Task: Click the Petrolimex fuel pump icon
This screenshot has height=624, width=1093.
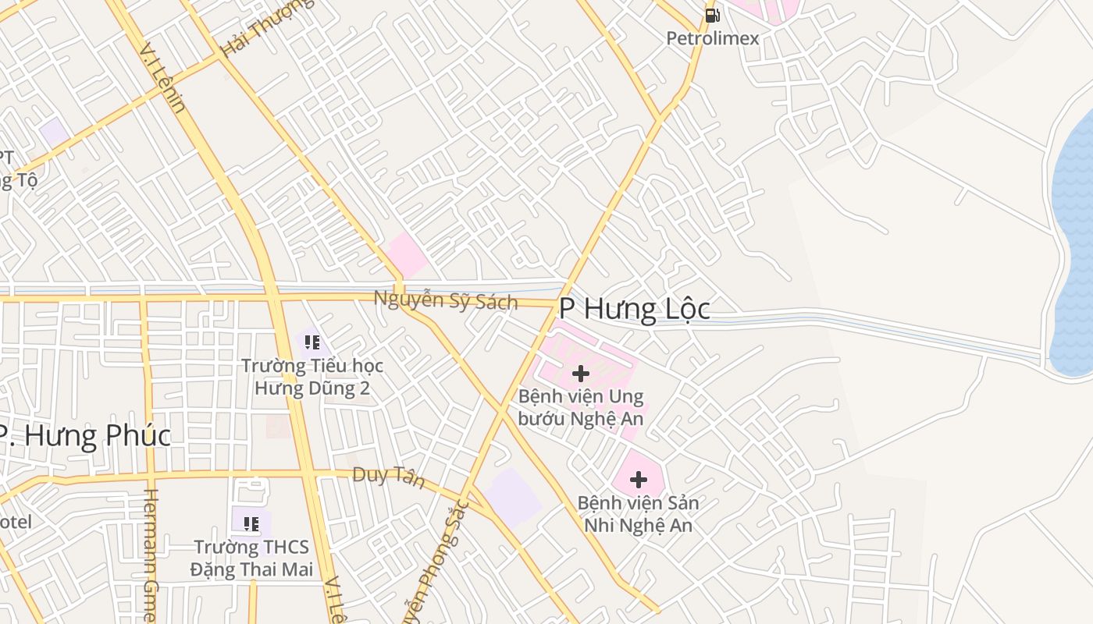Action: point(712,15)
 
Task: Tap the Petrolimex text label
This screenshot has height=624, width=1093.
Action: point(712,38)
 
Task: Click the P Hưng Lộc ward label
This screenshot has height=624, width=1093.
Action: point(634,310)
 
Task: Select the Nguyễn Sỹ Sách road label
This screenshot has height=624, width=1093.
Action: point(445,300)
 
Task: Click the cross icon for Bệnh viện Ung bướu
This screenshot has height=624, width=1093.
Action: point(581,374)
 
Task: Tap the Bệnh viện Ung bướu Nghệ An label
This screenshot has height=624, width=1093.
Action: point(581,408)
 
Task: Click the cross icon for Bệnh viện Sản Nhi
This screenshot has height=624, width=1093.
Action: point(639,480)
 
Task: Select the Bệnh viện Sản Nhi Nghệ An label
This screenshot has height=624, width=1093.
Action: point(639,514)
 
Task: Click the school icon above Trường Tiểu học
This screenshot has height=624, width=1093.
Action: point(312,342)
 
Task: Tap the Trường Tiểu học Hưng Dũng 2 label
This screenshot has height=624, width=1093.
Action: point(312,377)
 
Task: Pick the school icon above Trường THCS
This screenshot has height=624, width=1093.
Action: point(251,523)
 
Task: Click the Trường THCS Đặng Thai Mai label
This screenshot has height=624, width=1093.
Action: point(251,558)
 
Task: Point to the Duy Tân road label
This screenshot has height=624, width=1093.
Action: point(388,476)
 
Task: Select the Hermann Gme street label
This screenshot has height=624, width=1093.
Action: point(151,554)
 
